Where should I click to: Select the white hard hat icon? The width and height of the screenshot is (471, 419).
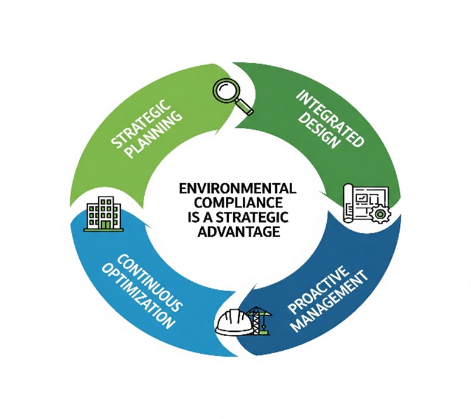(x=234, y=323)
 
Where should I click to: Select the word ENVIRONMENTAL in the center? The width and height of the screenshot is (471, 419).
(x=237, y=188)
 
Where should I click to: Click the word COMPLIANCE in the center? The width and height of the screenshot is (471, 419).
(x=237, y=203)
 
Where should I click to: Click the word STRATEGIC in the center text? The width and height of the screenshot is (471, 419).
(x=249, y=217)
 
